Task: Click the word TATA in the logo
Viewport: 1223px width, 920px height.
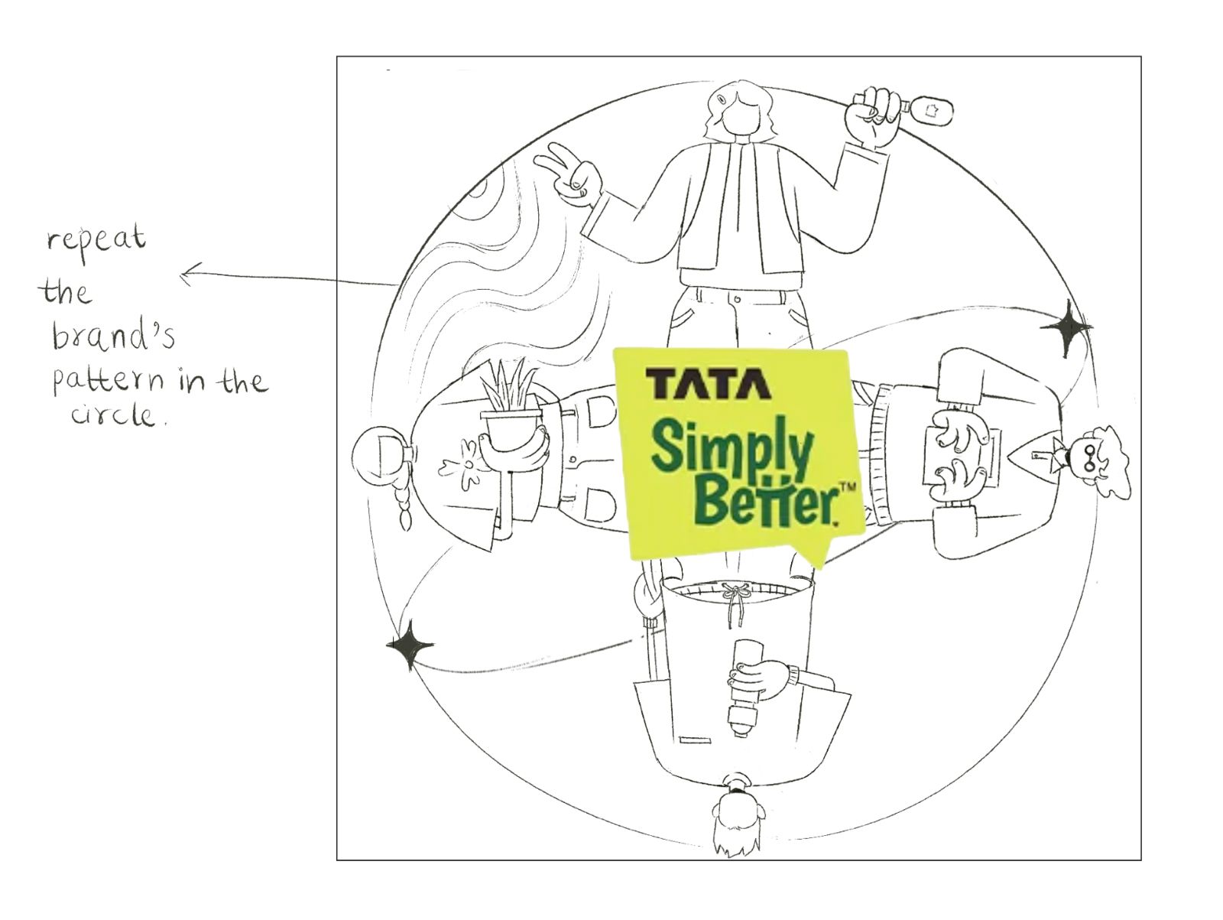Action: [x=708, y=384]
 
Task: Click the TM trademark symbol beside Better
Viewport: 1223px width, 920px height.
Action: [x=848, y=486]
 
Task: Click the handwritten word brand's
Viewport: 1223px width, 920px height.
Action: [x=113, y=336]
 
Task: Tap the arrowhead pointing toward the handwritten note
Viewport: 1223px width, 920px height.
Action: [x=187, y=274]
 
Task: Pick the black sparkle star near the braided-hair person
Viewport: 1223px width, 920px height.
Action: [x=409, y=645]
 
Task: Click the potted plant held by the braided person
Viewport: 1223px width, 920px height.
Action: [x=511, y=417]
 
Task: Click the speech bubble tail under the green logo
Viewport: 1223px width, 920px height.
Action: [x=812, y=554]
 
